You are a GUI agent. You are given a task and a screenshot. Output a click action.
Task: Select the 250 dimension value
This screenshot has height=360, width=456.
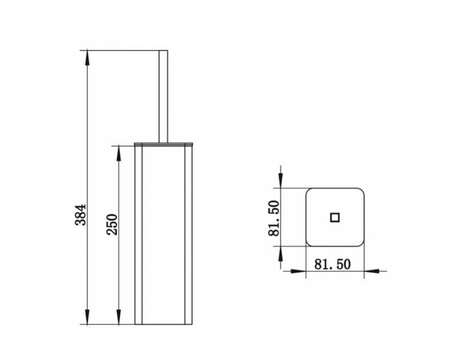tap(112, 224)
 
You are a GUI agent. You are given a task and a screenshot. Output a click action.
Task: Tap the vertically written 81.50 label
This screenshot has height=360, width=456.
tap(274, 218)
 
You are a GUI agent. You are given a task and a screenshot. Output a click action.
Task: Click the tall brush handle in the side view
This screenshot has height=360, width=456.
tap(162, 95)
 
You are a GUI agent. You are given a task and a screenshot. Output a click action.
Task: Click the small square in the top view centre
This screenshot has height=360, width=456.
tap(335, 216)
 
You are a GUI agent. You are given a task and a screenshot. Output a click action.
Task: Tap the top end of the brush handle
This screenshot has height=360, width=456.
tap(162, 51)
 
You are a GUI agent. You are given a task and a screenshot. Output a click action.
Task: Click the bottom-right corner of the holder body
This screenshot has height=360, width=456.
tap(192, 323)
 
